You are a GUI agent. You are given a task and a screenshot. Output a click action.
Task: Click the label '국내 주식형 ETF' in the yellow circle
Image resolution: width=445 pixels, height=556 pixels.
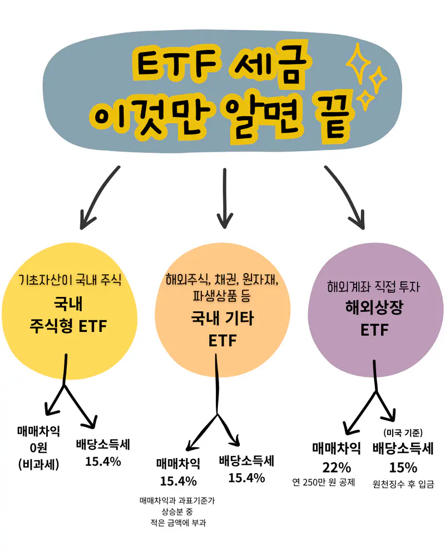point(68,314)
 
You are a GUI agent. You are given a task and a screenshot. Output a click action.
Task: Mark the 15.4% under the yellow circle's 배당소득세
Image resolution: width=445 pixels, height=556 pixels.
point(103,461)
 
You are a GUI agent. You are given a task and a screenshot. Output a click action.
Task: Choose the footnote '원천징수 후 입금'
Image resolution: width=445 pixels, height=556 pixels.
point(403,484)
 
